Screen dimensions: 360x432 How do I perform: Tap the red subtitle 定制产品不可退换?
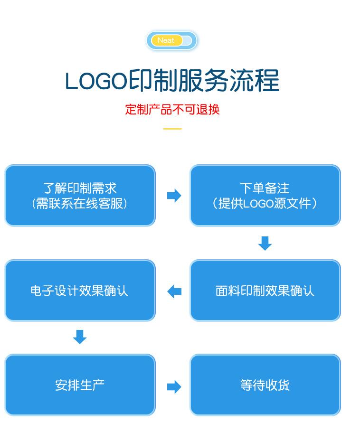[172, 109]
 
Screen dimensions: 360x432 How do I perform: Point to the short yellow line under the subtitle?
[172, 129]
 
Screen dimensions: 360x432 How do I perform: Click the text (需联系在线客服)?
[80, 204]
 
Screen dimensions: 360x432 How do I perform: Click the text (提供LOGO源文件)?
[265, 204]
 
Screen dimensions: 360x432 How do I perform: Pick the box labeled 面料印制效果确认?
[265, 291]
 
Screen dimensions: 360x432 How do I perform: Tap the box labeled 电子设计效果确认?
[80, 291]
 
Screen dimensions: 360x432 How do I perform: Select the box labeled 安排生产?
[80, 385]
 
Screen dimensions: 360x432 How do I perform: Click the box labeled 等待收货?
[265, 385]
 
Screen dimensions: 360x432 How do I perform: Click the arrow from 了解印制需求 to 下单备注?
[174, 196]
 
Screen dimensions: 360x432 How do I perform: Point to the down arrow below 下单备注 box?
[265, 243]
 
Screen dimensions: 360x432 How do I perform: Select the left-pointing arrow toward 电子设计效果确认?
[174, 291]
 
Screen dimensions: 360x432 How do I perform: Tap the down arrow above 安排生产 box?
[80, 337]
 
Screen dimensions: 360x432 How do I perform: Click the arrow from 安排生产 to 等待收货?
[174, 386]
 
